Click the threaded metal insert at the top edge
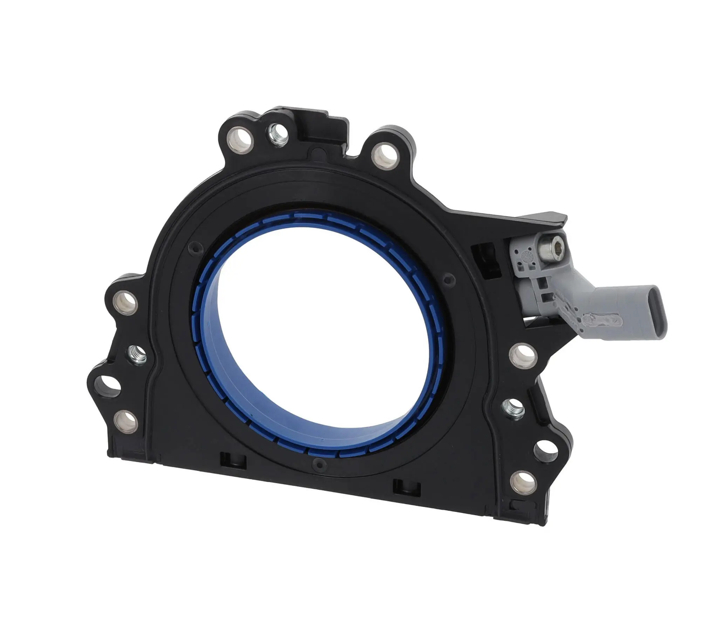tap(278, 134)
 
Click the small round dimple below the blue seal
tap(318, 463)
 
